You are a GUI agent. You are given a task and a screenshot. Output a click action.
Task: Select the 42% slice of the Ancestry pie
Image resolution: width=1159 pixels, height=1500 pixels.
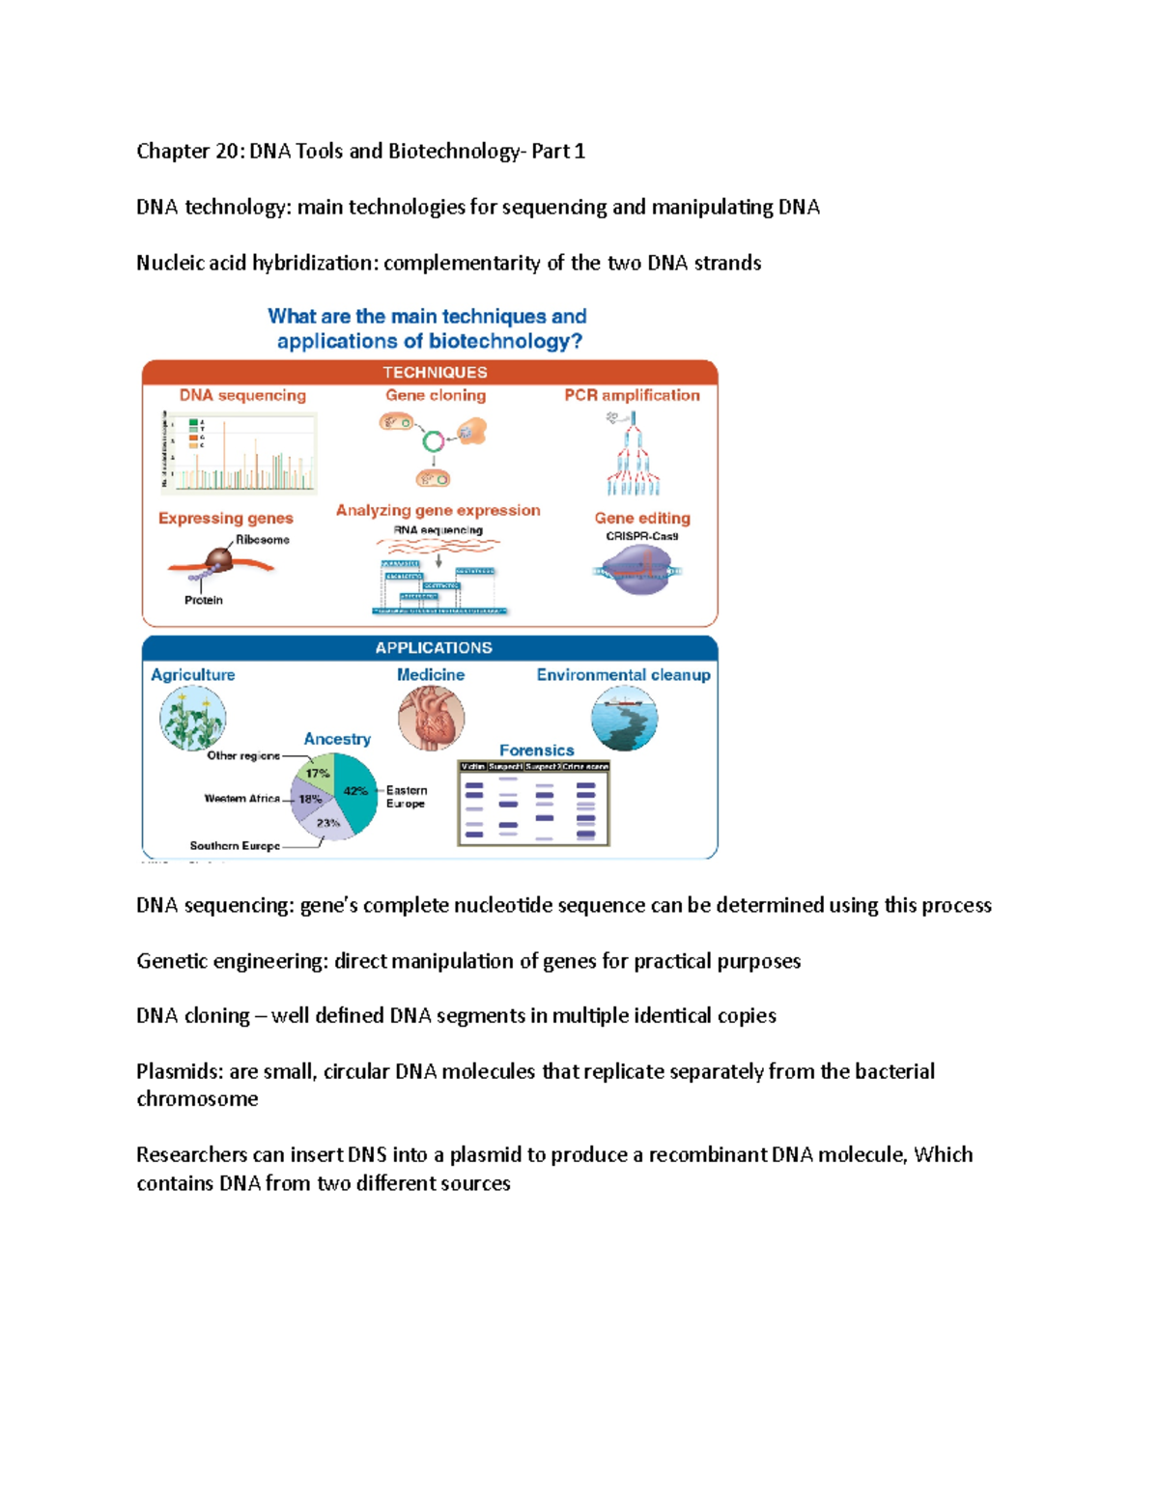[x=356, y=796]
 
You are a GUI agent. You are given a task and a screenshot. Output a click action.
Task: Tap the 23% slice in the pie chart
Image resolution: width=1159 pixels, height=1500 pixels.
[x=328, y=824]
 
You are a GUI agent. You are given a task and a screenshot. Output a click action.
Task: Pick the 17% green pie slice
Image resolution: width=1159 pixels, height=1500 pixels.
[x=318, y=772]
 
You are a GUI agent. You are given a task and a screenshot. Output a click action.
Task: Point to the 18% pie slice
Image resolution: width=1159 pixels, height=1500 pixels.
[x=309, y=800]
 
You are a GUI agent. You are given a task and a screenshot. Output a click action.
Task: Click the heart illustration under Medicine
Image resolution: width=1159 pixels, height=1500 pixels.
[x=431, y=719]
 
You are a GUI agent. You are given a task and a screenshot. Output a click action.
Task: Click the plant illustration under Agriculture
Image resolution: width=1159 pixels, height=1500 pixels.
[x=192, y=719]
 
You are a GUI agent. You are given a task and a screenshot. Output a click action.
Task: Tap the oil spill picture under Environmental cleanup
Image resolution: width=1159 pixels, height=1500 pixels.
[x=624, y=719]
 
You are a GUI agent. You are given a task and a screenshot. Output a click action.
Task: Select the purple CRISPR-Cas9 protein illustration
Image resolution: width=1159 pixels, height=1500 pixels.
[x=638, y=570]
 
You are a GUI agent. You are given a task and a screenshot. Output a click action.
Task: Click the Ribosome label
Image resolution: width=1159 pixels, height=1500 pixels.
[x=263, y=540]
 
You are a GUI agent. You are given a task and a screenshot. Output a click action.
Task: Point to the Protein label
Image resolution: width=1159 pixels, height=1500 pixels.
[x=203, y=600]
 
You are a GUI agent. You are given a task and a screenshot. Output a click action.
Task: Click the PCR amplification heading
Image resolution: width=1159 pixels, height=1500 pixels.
[x=632, y=395]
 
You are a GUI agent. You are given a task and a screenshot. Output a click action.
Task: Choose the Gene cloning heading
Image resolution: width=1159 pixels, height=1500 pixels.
[x=436, y=395]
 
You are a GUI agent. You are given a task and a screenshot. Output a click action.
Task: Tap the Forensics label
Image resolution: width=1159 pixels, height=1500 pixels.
[x=536, y=750]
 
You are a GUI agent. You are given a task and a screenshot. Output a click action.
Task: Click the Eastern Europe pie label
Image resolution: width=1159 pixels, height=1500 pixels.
[x=406, y=797]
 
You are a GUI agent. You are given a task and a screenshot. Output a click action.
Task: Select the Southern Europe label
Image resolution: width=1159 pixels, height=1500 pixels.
[x=235, y=846]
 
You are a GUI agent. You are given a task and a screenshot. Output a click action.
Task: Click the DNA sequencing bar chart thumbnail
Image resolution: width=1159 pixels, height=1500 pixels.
[x=240, y=452]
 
